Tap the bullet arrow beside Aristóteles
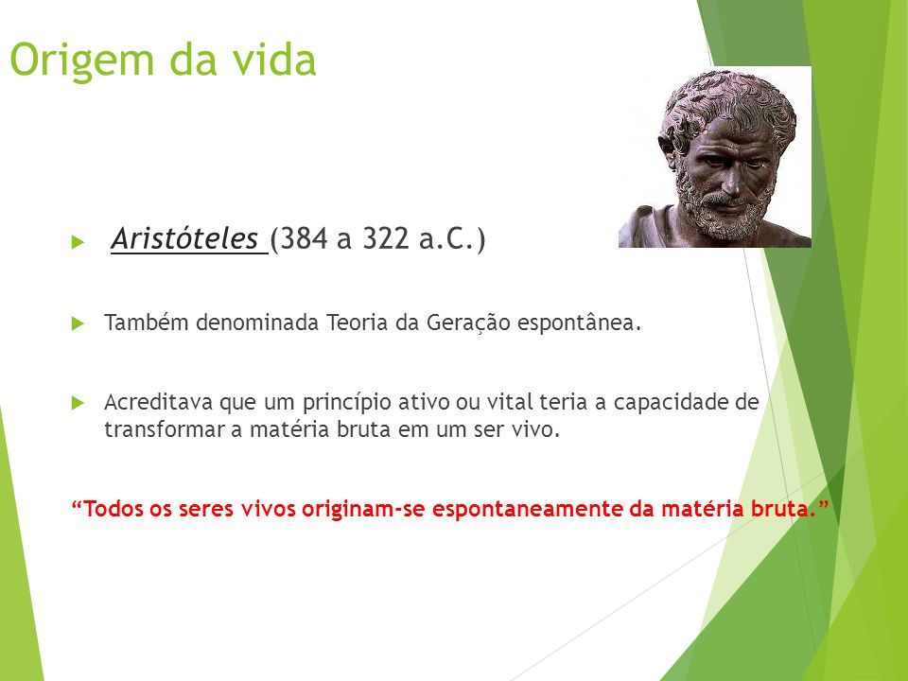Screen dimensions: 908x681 (78, 242)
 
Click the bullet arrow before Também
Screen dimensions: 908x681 (78, 323)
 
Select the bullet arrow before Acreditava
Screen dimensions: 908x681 (78, 403)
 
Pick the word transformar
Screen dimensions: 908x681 (165, 429)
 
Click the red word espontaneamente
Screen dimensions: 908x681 (528, 510)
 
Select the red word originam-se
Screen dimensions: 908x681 (363, 510)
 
